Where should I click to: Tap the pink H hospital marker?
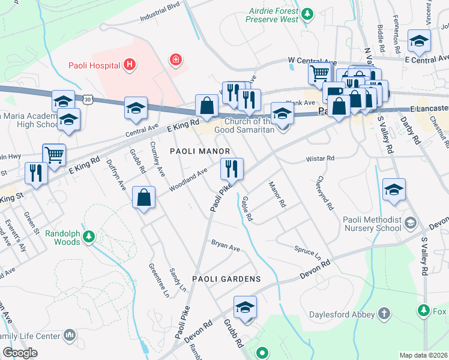coord(128,64)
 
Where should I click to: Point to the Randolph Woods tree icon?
coord(89,237)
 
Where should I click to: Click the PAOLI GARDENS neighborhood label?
coord(226,279)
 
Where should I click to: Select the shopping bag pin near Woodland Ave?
coord(144,197)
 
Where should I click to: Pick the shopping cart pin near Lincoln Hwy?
coord(54,155)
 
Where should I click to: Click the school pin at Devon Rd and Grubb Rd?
coord(245,307)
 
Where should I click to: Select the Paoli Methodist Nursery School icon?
coord(411,223)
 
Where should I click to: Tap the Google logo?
coord(20,353)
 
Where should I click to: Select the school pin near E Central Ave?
coord(418,41)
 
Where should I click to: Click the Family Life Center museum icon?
coord(70,334)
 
